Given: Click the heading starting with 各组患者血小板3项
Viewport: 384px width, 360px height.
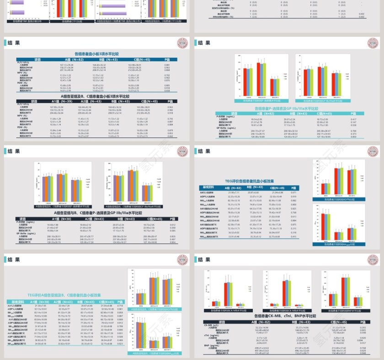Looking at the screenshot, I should click(x=96, y=53).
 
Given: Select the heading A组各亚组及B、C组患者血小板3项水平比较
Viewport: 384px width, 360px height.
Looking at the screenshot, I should click(x=96, y=97).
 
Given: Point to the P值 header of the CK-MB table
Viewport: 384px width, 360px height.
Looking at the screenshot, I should click(x=362, y=322).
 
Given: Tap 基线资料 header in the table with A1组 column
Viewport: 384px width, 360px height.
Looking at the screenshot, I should click(x=17, y=302).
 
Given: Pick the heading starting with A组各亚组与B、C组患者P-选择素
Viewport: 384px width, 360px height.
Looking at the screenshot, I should click(x=96, y=212).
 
